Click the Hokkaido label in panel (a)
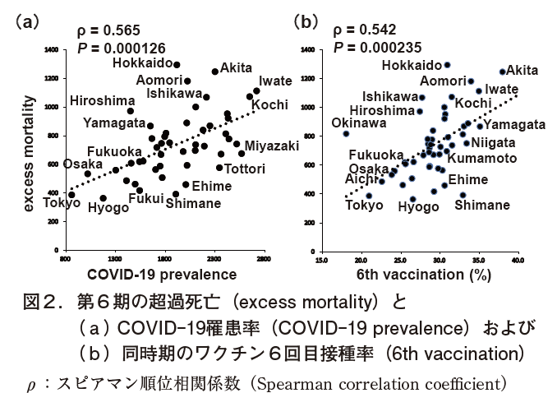141,62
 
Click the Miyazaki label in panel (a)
272,146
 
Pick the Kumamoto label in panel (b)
482,157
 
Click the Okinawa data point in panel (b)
346,133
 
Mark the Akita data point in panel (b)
502,72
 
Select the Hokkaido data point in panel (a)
177,64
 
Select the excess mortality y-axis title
30,153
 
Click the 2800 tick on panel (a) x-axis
264,259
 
